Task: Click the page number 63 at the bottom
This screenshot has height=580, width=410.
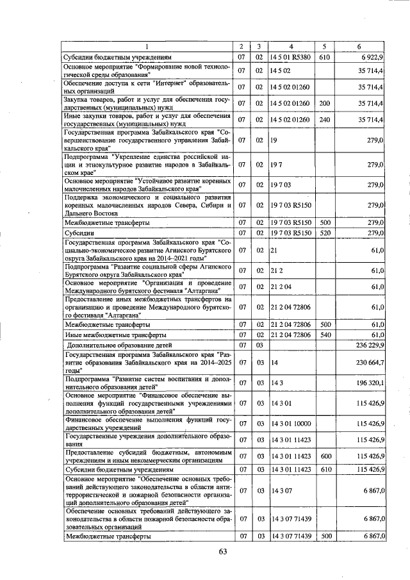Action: (x=223, y=552)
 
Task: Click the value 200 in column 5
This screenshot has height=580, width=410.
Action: (x=324, y=103)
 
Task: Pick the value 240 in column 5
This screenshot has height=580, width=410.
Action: (x=324, y=119)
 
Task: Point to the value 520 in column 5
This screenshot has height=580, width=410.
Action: (x=324, y=233)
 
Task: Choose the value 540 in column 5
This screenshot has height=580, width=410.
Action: (x=324, y=335)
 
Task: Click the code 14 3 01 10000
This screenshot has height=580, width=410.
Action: (x=293, y=423)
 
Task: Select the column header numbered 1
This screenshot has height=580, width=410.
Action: (x=148, y=47)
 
